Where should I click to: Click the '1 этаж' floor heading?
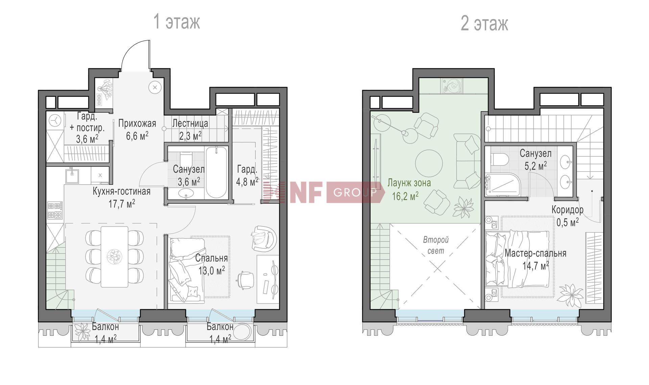(x=177, y=22)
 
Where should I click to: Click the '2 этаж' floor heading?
(x=484, y=24)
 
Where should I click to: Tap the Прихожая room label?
(x=137, y=123)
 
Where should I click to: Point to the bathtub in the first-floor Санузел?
(x=217, y=172)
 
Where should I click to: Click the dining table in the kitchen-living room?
(x=115, y=256)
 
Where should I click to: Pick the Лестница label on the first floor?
(x=190, y=123)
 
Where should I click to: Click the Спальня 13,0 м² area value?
(x=212, y=271)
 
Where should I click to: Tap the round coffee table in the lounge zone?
(x=429, y=163)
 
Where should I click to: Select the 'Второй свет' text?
(x=436, y=245)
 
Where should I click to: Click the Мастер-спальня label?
(x=535, y=253)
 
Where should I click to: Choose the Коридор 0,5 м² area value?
(x=568, y=222)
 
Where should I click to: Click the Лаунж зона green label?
(x=409, y=183)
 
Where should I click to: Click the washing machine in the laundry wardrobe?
(x=55, y=120)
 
